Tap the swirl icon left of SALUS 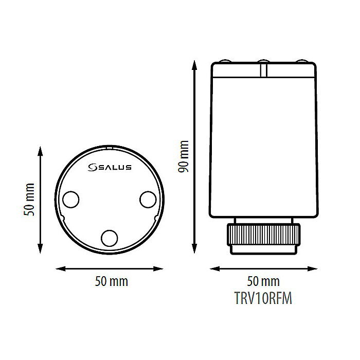pos(93,167)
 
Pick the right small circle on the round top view pos(148,199)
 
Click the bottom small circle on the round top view pos(109,238)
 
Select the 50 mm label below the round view pos(112,282)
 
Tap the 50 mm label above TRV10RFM pos(264,282)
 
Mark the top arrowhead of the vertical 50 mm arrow pos(40,150)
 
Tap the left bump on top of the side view pos(225,62)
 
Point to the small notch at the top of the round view pos(109,148)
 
